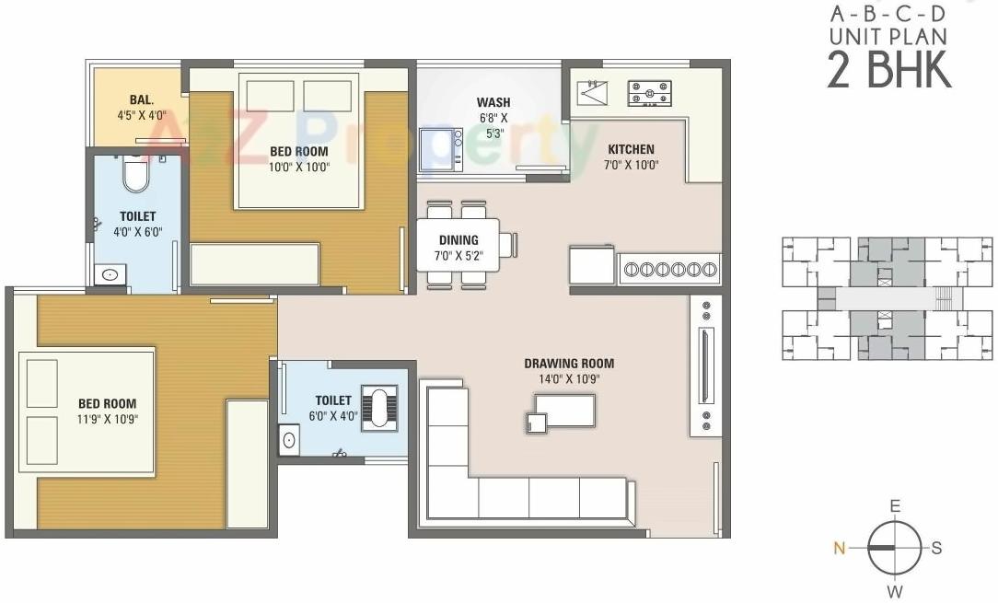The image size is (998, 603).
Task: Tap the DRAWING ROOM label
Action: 569,364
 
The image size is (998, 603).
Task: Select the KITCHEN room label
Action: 631,149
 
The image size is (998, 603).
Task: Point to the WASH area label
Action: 493,102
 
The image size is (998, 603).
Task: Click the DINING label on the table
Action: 458,240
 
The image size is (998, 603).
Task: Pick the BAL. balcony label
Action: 141,99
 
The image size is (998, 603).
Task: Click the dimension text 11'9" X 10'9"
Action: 109,420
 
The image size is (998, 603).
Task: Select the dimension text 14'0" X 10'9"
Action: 569,379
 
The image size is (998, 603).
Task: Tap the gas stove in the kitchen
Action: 649,92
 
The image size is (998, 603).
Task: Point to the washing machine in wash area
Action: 441,149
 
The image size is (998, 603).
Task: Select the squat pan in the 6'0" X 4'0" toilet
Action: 378,406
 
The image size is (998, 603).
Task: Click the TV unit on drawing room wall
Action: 705,365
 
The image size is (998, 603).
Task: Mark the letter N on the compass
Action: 839,548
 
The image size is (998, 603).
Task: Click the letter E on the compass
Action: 894,506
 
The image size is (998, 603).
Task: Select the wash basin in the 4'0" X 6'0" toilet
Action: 110,274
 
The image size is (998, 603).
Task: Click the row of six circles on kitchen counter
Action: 669,269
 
